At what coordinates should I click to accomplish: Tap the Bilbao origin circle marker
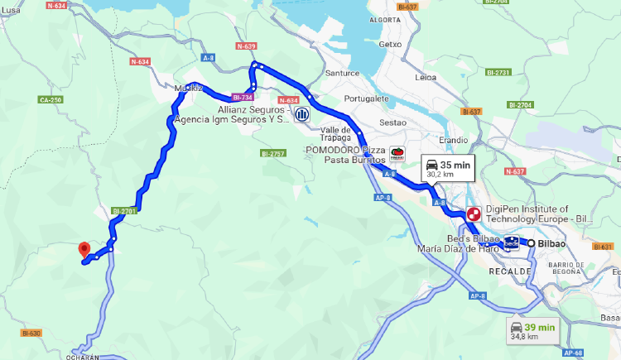pos(531,243)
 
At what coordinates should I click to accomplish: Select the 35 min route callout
pos(448,169)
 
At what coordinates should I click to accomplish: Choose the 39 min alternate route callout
pos(536,331)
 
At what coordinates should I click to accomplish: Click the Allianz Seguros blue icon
pos(303,114)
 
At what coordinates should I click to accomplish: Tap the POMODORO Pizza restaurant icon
pos(397,154)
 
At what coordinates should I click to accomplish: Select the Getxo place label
pos(389,44)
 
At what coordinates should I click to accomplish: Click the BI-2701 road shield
pos(123,210)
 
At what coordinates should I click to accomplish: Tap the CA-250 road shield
pos(51,100)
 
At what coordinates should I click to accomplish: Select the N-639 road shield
pos(246,46)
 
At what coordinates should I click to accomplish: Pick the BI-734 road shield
pos(241,98)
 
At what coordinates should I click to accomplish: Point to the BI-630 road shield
pos(31,334)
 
